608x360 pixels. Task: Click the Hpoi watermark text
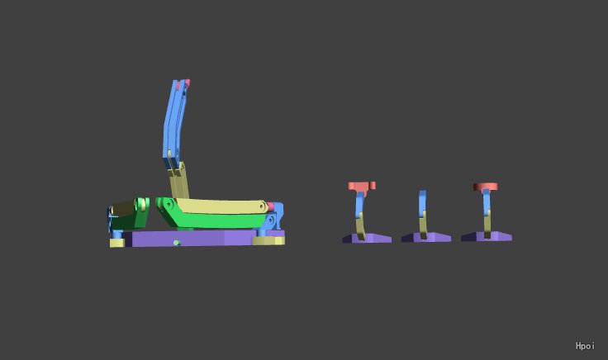[x=585, y=346]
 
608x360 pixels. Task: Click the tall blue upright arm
[x=175, y=122]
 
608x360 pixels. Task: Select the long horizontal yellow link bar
[x=221, y=206]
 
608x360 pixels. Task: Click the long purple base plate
[x=194, y=238]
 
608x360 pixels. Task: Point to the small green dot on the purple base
[x=177, y=243]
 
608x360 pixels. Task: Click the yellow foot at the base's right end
[x=268, y=240]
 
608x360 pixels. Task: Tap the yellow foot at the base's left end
[x=116, y=243]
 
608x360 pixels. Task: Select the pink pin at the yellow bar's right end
[x=271, y=206]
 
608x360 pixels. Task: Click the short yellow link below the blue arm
[x=178, y=181]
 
